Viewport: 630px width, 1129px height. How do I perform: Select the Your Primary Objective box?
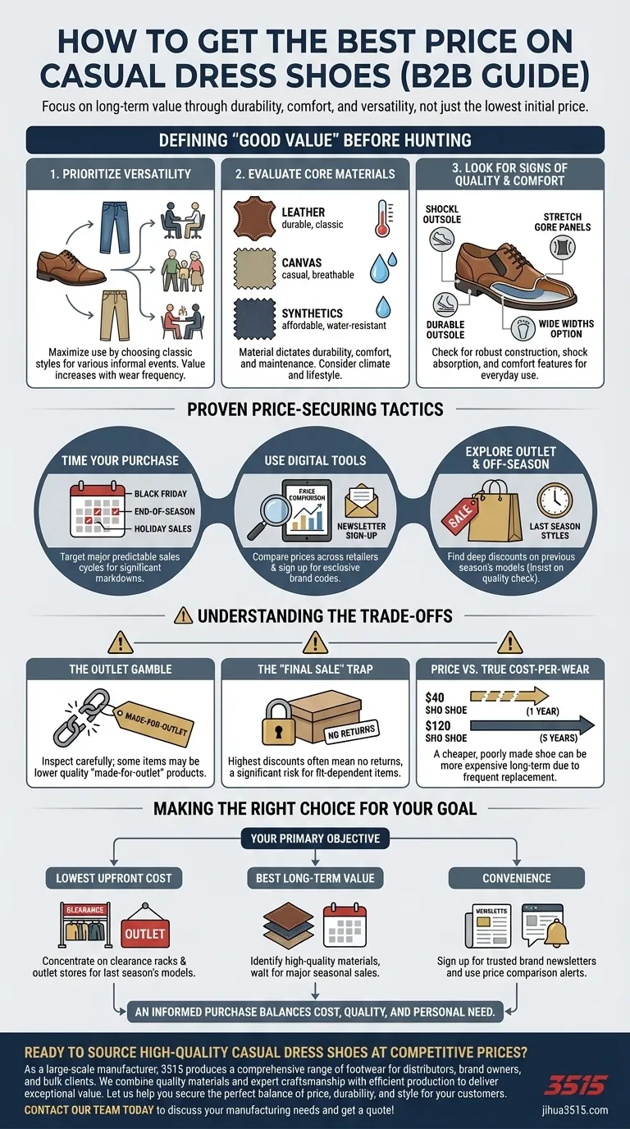pos(315,839)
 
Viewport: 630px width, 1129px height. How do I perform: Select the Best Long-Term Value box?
pos(315,878)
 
